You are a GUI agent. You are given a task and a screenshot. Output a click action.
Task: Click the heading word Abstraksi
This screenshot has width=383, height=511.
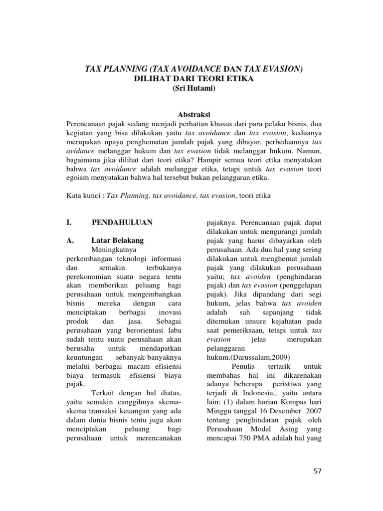click(191, 115)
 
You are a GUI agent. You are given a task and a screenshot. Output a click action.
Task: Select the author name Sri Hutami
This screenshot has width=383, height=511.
click(191, 89)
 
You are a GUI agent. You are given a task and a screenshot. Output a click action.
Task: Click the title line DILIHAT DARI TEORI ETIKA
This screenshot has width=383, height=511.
click(191, 78)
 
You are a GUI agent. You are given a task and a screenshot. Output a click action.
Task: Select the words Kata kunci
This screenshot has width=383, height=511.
click(84, 196)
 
